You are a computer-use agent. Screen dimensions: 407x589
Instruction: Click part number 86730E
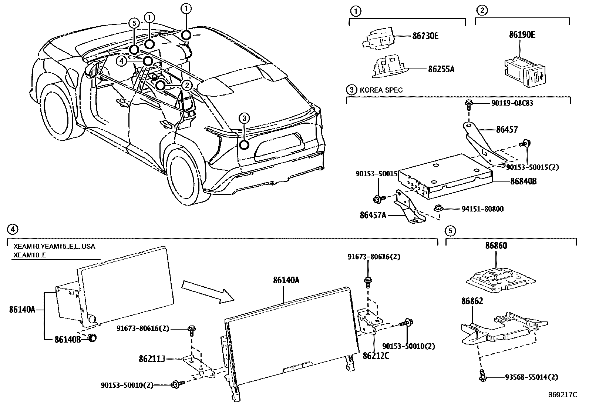click(425, 36)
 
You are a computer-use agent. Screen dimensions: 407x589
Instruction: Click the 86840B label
click(523, 181)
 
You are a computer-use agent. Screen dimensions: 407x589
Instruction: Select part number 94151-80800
click(482, 209)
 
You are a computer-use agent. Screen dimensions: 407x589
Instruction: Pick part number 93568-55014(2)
click(531, 377)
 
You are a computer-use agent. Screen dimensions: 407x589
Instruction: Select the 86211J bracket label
click(152, 359)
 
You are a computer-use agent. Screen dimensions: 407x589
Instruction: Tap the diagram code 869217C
click(562, 395)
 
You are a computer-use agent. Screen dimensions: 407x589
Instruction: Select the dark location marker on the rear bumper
click(244, 144)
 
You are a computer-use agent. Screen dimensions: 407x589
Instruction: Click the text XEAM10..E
click(30, 255)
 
